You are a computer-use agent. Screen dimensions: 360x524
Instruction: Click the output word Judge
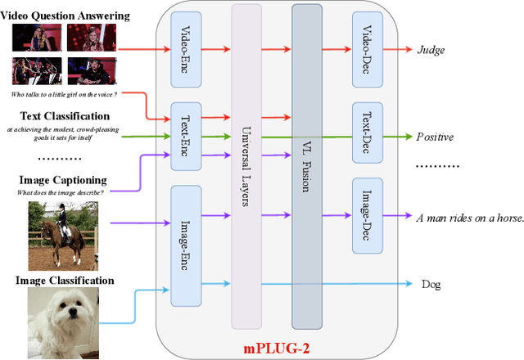(431, 49)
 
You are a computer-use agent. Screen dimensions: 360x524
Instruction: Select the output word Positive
(435, 137)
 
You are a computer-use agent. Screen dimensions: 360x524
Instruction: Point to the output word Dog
(431, 285)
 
